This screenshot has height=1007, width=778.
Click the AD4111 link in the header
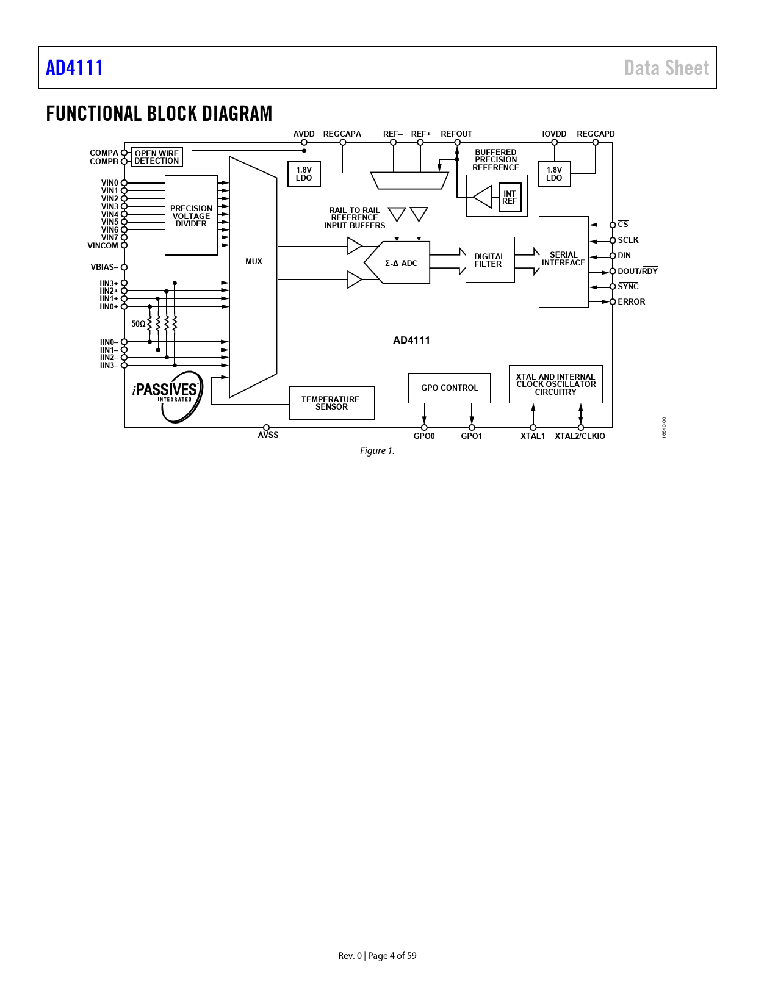74,68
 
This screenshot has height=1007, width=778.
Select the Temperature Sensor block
331,403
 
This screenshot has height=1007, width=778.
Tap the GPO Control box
449,388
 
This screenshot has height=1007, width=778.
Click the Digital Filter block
489,260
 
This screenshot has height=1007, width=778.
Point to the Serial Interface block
563,262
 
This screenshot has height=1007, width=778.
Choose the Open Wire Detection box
157,157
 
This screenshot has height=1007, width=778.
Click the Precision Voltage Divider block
191,215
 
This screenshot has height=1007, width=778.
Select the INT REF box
510,198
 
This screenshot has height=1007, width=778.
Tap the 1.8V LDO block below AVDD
304,174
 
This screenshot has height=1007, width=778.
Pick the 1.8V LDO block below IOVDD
554,174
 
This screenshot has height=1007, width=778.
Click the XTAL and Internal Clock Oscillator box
555,384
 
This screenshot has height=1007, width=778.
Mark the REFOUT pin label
456,134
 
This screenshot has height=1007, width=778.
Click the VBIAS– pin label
104,267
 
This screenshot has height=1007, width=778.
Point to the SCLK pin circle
613,240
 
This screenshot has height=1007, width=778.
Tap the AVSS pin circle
266,428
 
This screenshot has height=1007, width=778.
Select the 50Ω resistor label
139,324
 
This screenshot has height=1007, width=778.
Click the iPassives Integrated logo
167,395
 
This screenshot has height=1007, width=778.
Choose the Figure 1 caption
377,451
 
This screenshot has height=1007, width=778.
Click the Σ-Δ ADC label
401,264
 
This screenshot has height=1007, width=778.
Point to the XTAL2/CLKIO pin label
580,436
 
